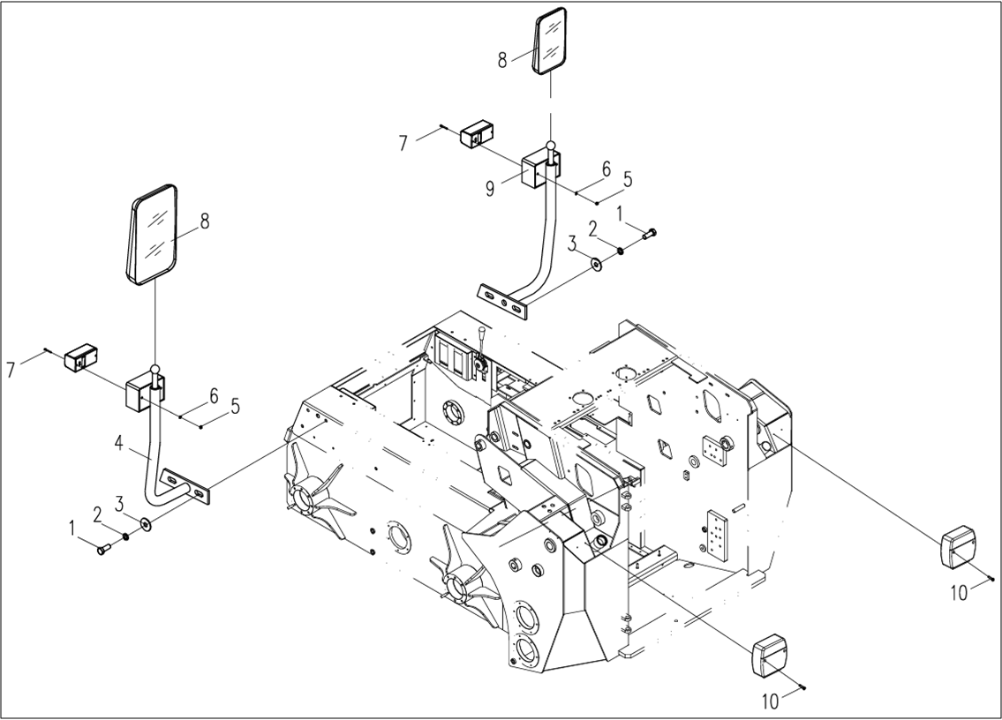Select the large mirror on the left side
(x=154, y=235)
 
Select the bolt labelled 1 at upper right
(x=650, y=234)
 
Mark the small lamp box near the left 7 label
(x=80, y=357)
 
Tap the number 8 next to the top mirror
(x=502, y=60)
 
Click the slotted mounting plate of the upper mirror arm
(x=503, y=301)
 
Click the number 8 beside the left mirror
(x=204, y=221)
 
